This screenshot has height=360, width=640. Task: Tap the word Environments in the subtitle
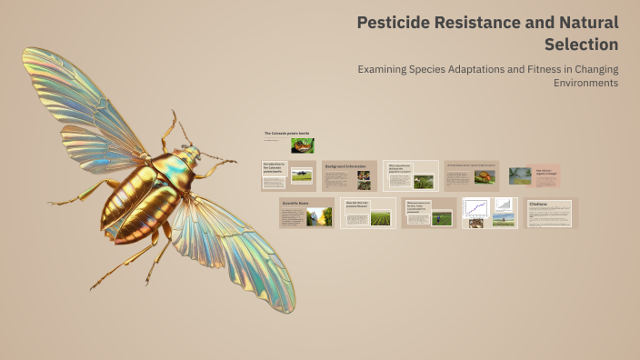click(x=585, y=83)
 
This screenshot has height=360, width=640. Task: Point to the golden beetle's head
click(x=187, y=155)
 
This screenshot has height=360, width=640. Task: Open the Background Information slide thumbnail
click(x=348, y=175)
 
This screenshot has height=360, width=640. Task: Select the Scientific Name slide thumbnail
click(x=306, y=213)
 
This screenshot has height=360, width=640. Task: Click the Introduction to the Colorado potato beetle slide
click(x=287, y=175)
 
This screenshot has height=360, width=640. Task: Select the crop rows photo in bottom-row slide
click(x=381, y=218)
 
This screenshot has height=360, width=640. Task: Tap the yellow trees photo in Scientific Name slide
click(x=319, y=216)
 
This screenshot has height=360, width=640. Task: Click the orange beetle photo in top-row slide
click(x=485, y=176)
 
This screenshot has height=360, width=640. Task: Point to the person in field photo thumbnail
click(x=442, y=218)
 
